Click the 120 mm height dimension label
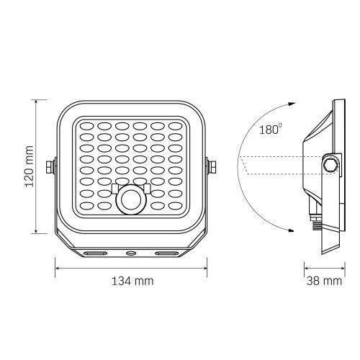[30, 166]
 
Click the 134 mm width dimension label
[132, 281]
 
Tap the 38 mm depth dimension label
[324, 281]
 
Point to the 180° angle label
[271, 129]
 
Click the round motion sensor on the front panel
[131, 199]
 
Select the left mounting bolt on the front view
[50, 166]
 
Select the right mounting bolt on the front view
[212, 166]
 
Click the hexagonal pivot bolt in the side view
[330, 165]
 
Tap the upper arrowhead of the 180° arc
[292, 104]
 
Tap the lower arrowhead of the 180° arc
[291, 230]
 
